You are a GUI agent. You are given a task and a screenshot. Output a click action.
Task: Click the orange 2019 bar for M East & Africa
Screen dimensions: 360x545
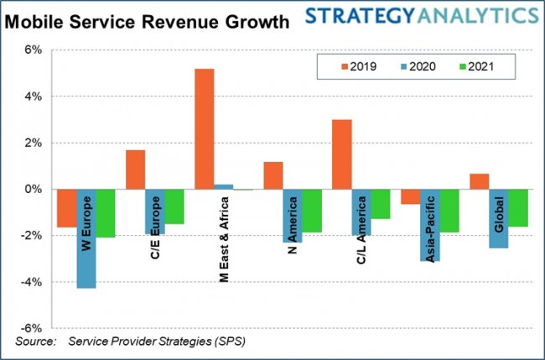pos(204,129)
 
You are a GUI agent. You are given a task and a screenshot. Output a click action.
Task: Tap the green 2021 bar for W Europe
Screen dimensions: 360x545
pos(106,213)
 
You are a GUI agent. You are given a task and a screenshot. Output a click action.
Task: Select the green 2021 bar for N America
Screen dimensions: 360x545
pos(312,211)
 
